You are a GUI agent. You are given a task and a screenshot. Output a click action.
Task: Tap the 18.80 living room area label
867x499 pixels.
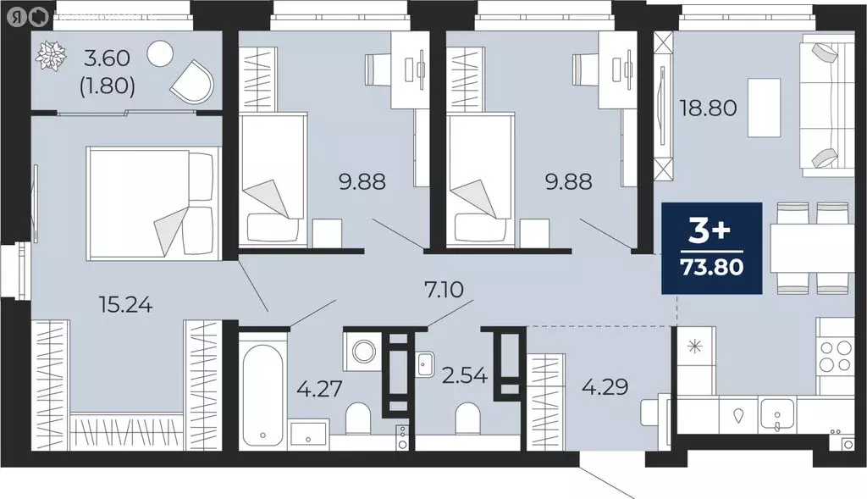point(709,108)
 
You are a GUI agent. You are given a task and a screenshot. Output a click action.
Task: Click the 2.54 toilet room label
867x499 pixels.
point(466,373)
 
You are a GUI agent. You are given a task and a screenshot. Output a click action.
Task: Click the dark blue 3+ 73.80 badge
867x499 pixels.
point(712,248)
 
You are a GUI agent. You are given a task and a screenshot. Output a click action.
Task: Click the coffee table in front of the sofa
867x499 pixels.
point(764,108)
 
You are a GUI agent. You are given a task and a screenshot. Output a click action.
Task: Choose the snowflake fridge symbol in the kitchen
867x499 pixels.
point(695,346)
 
